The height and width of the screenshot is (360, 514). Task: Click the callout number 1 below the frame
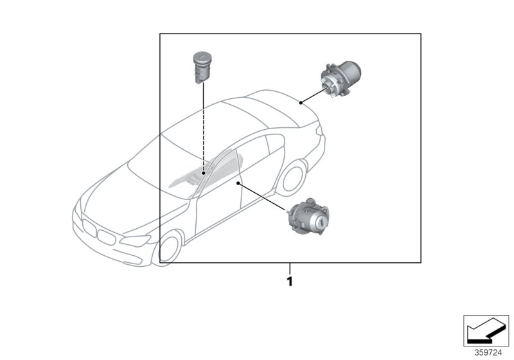click(x=290, y=282)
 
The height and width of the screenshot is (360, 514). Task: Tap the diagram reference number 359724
click(x=488, y=353)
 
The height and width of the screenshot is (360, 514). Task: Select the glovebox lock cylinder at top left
click(x=202, y=67)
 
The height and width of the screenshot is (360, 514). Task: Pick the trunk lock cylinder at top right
click(x=341, y=78)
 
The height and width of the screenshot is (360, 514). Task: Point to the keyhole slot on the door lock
click(x=323, y=223)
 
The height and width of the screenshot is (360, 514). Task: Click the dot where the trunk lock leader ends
click(x=301, y=103)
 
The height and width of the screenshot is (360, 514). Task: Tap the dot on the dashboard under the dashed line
click(x=204, y=173)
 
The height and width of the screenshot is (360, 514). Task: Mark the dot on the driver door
click(x=238, y=184)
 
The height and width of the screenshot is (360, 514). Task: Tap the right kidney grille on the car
click(x=106, y=237)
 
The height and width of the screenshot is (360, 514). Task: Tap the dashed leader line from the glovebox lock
click(x=204, y=127)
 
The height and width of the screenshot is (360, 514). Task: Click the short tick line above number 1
click(x=290, y=269)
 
